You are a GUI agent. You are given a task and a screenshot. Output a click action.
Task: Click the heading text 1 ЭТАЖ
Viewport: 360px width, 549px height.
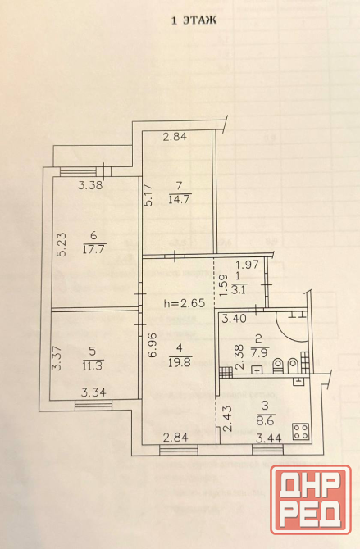pyautogui.click(x=194, y=20)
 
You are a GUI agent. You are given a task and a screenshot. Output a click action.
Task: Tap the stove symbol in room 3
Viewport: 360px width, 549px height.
pyautogui.click(x=301, y=431)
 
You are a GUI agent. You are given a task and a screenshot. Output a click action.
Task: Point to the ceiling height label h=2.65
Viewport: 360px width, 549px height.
pyautogui.click(x=185, y=302)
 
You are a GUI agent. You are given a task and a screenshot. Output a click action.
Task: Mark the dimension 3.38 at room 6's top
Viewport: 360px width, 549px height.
pyautogui.click(x=90, y=185)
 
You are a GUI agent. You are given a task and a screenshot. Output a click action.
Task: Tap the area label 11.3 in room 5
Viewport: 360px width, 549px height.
pyautogui.click(x=92, y=366)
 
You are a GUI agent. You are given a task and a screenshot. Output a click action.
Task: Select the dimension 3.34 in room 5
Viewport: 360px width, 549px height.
pyautogui.click(x=93, y=392)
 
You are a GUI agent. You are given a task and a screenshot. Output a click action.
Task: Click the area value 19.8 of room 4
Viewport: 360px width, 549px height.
pyautogui.click(x=180, y=362)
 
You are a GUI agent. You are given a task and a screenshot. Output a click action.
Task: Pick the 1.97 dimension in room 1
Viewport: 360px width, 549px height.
pyautogui.click(x=247, y=265)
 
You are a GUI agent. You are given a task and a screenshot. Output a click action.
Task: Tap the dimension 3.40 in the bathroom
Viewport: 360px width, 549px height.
pyautogui.click(x=235, y=319)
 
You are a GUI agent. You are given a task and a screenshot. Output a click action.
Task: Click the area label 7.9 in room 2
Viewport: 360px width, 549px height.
pyautogui.click(x=260, y=351)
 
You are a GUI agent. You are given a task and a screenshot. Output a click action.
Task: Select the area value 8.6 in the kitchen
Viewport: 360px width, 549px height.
pyautogui.click(x=265, y=420)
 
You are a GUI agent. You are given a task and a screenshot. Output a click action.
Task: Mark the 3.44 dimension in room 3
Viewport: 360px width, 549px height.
pyautogui.click(x=269, y=438)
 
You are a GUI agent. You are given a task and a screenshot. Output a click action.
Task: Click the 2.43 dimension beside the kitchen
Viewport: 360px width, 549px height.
pyautogui.click(x=227, y=419)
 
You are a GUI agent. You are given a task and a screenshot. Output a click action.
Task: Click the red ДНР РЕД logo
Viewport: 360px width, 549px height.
pyautogui.click(x=311, y=500)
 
